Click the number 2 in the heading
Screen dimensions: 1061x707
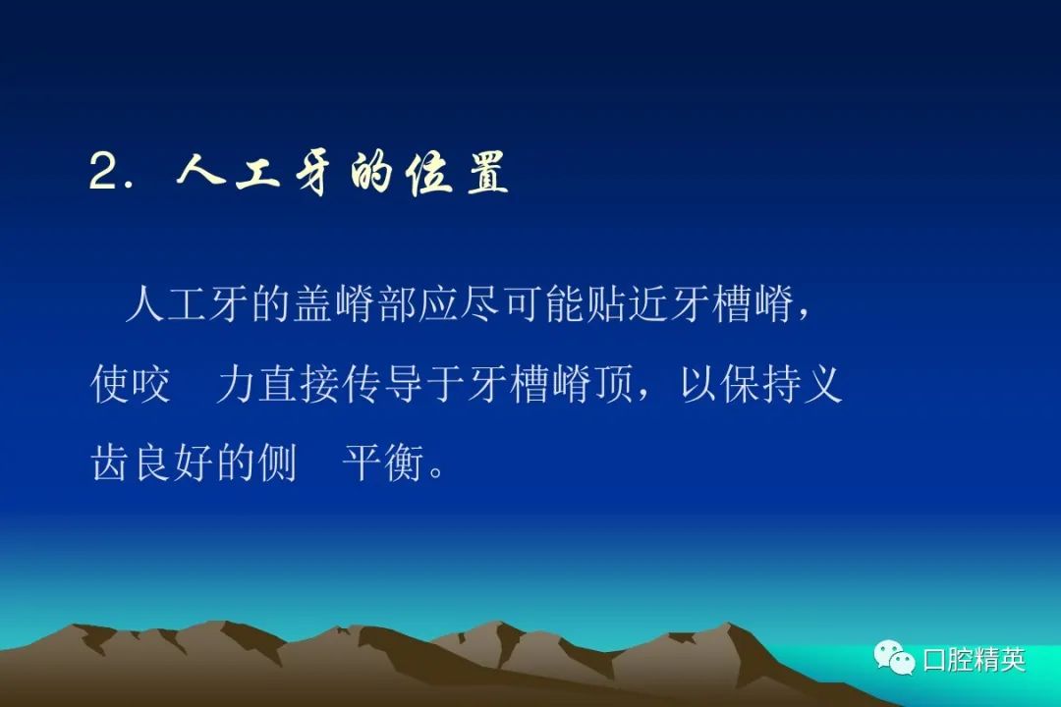(105, 171)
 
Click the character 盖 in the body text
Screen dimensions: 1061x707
(313, 304)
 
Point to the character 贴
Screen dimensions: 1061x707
(605, 304)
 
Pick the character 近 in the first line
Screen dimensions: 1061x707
(647, 304)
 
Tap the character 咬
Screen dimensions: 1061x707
(149, 384)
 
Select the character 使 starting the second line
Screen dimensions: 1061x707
(109, 384)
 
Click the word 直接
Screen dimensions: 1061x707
(299, 384)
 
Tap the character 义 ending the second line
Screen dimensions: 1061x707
(823, 384)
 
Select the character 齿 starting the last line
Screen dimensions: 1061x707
(109, 462)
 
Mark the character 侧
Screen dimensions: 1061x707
(277, 462)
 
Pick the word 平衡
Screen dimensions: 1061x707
(382, 462)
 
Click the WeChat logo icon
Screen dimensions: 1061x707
(894, 658)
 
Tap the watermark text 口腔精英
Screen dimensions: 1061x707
(974, 659)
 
